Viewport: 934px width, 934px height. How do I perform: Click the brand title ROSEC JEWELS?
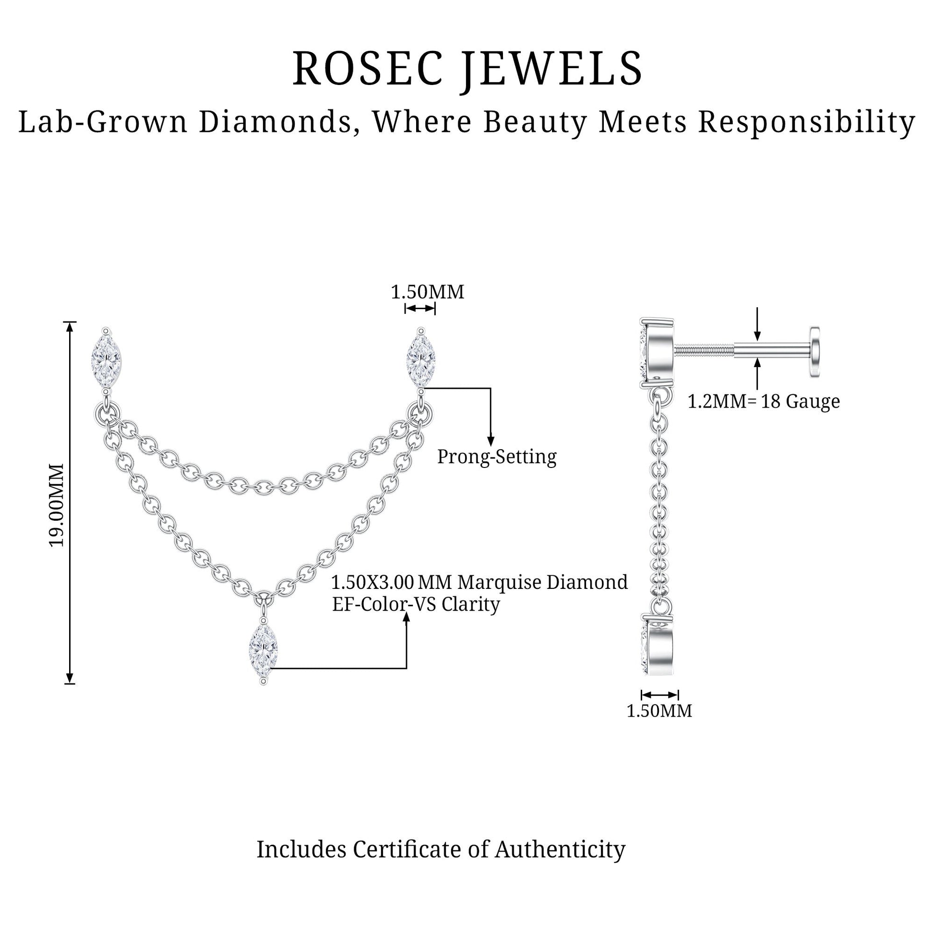pyautogui.click(x=467, y=69)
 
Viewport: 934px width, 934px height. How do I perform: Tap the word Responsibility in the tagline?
pyautogui.click(x=806, y=122)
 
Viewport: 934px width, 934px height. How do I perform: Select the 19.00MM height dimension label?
pyautogui.click(x=57, y=505)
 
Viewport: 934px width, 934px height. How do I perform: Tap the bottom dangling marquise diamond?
pyautogui.click(x=263, y=650)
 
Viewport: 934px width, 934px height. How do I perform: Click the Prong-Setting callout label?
pyautogui.click(x=497, y=457)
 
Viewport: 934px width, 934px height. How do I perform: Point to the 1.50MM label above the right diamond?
pyautogui.click(x=427, y=292)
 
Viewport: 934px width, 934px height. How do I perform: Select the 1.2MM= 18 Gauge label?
pyautogui.click(x=764, y=401)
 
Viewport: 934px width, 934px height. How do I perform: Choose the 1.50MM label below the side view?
pyautogui.click(x=659, y=711)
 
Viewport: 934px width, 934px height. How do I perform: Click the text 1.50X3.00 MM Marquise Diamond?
pyautogui.click(x=479, y=582)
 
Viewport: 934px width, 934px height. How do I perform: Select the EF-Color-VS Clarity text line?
pyautogui.click(x=416, y=604)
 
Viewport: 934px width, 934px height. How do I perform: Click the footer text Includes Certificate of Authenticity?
pyautogui.click(x=441, y=850)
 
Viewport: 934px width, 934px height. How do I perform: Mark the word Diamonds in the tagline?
pyautogui.click(x=275, y=122)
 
